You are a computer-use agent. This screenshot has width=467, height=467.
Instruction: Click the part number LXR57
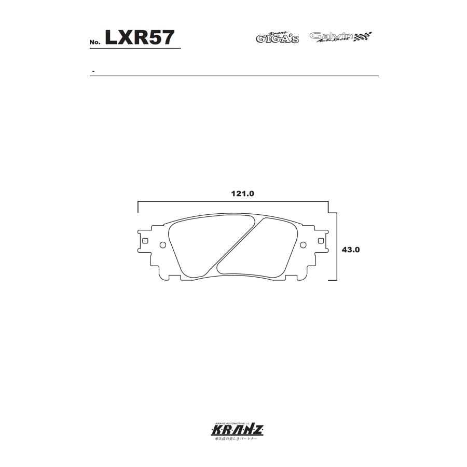click(140, 37)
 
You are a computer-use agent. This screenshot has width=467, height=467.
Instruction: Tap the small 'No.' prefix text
click(94, 42)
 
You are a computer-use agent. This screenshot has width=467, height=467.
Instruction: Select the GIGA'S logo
click(277, 37)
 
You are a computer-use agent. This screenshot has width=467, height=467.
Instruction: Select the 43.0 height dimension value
click(351, 249)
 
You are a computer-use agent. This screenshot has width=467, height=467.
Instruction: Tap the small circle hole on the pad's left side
click(163, 245)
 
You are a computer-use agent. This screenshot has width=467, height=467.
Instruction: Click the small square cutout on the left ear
click(145, 241)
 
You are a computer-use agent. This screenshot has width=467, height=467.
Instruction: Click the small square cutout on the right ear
click(321, 241)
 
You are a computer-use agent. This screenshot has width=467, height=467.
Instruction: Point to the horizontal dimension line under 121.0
click(233, 202)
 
